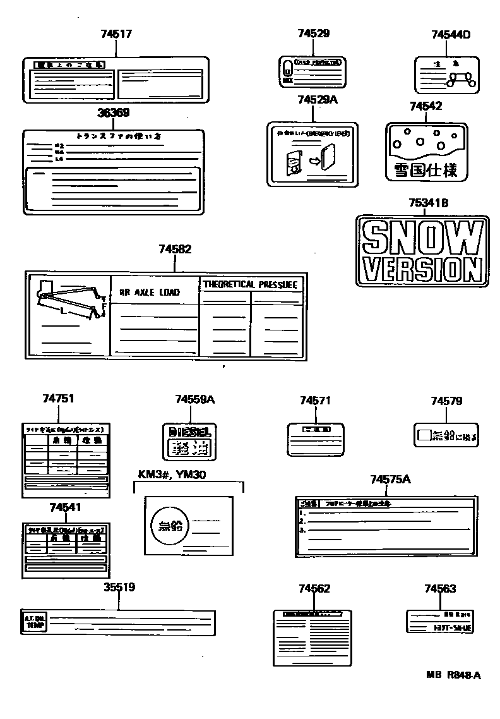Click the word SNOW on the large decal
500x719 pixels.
click(421, 238)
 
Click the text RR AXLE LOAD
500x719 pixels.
click(150, 293)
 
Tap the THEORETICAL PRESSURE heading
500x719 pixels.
click(250, 285)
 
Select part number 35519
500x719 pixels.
click(119, 587)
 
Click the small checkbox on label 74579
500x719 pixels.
click(424, 435)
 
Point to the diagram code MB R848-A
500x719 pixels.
click(453, 675)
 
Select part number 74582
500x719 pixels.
click(174, 250)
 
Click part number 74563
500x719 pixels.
click(440, 589)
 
